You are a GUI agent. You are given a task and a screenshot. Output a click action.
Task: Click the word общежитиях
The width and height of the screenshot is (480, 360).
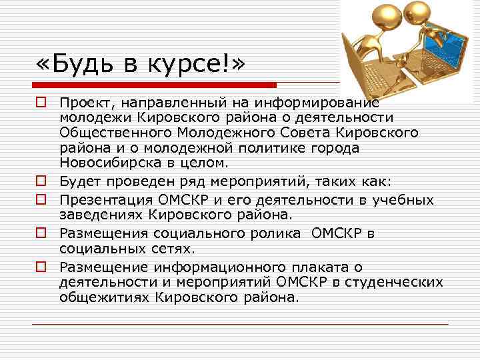(104, 297)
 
